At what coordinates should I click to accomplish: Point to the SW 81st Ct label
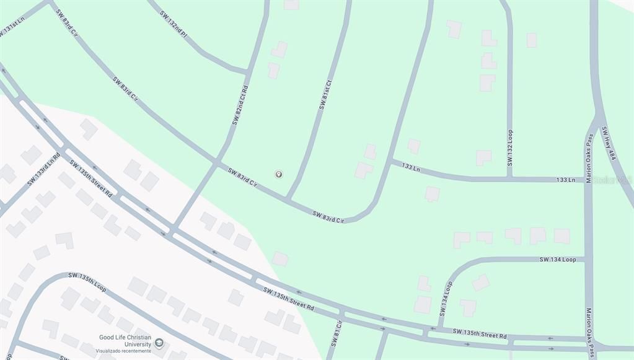click(325, 95)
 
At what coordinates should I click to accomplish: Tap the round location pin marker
click(279, 175)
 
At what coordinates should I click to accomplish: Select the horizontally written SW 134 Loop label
click(557, 259)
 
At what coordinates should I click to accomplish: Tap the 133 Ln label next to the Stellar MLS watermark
click(565, 180)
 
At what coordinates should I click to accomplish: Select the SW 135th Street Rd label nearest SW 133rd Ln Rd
click(90, 179)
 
